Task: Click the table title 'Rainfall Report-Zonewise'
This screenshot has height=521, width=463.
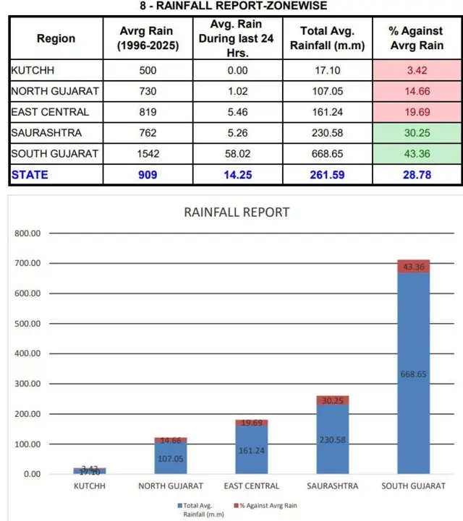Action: pyautogui.click(x=234, y=6)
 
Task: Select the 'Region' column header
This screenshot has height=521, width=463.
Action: pyautogui.click(x=56, y=38)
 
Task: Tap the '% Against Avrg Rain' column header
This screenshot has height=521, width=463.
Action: pyautogui.click(x=417, y=38)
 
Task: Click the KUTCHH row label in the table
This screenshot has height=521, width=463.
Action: pyautogui.click(x=33, y=70)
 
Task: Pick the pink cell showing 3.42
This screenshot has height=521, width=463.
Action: pyautogui.click(x=417, y=70)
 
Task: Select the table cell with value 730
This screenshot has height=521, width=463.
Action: pyautogui.click(x=148, y=91)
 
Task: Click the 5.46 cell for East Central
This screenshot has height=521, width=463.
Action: pyautogui.click(x=237, y=112)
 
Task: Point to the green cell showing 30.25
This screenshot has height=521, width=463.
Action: pyautogui.click(x=417, y=133)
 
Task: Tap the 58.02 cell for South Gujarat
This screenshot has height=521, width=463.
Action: pyautogui.click(x=237, y=154)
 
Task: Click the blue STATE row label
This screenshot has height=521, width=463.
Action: pyautogui.click(x=30, y=175)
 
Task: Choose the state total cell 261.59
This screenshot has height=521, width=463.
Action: pyautogui.click(x=327, y=175)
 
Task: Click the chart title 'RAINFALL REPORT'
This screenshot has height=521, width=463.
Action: pyautogui.click(x=237, y=212)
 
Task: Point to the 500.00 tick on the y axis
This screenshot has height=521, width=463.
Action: pyautogui.click(x=27, y=324)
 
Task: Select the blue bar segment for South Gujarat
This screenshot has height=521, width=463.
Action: pyautogui.click(x=413, y=373)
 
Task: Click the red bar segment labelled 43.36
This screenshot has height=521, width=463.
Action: pyautogui.click(x=413, y=266)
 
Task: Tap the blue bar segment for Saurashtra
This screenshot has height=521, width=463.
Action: pyautogui.click(x=333, y=439)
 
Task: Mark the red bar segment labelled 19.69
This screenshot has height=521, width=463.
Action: pyautogui.click(x=252, y=423)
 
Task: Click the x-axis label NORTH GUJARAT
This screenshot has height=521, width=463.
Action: pyautogui.click(x=171, y=486)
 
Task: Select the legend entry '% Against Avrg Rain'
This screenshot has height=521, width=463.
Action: pyautogui.click(x=266, y=505)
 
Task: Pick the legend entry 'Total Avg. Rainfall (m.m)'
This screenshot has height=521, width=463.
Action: pyautogui.click(x=200, y=509)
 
